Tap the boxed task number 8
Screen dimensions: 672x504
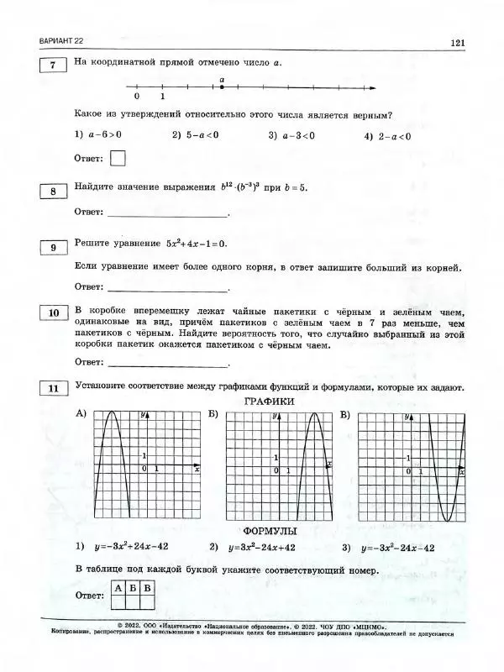point(52,192)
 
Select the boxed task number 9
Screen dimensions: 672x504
point(52,247)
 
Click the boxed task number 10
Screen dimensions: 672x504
point(52,313)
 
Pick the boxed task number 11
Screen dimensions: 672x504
point(52,388)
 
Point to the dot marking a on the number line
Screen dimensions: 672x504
point(222,87)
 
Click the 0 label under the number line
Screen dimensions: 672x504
point(136,97)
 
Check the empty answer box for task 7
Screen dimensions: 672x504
point(118,158)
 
